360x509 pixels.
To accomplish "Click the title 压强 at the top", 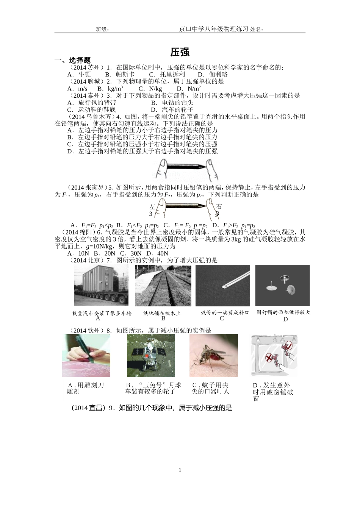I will pos(180,52).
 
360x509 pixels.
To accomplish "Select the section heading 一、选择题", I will pos(73,60).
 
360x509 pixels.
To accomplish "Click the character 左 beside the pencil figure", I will pos(152,207).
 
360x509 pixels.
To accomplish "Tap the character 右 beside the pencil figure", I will pos(219,207).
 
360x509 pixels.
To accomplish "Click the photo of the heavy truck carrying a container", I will pos(101,285).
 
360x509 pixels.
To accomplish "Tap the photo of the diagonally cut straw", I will pos(223,285).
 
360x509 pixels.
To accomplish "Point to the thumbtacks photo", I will pos(282,285).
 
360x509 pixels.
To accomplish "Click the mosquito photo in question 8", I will pos(214,355).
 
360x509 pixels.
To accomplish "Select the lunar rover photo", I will pos(151,355).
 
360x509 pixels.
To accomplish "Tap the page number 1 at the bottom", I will pos(180,470).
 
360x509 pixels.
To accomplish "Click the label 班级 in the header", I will pos(103,29).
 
